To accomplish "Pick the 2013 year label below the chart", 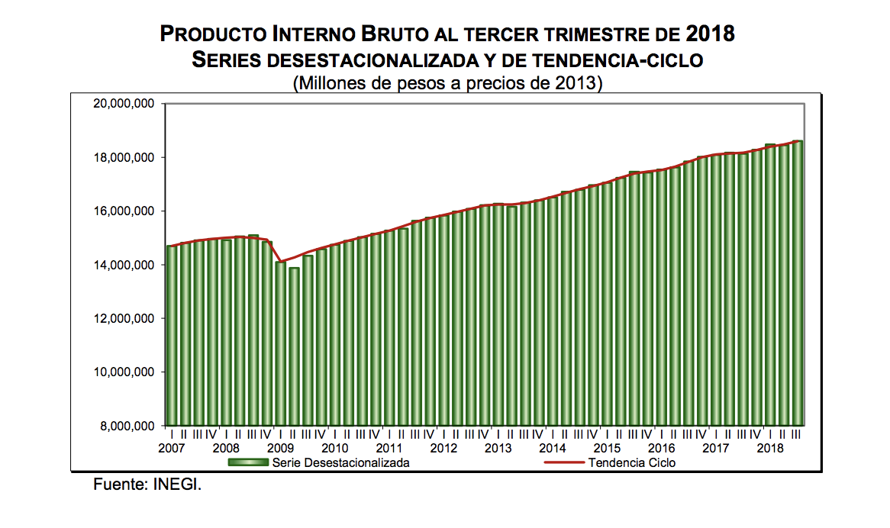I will (x=498, y=448).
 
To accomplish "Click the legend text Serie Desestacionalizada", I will (x=340, y=462).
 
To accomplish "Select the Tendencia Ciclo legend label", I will (x=632, y=462).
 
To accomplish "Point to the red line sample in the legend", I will (x=564, y=462).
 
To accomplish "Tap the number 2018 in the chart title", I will (x=709, y=34).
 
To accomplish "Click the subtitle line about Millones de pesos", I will (x=448, y=82).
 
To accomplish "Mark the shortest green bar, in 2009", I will (x=294, y=346).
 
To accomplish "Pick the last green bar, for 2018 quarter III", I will (x=798, y=283).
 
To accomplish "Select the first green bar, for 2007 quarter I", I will (x=172, y=336).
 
